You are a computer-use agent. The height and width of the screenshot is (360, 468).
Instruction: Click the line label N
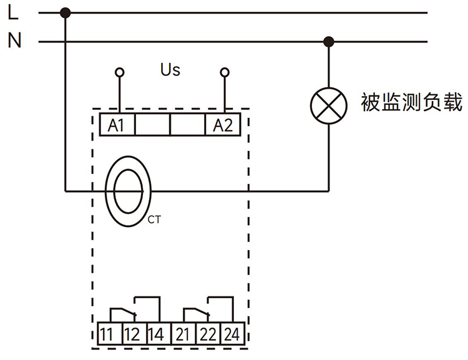coord(14,41)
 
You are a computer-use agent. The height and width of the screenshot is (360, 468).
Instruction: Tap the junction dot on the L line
coord(66,12)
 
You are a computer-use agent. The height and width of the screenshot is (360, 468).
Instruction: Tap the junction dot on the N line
coord(329,42)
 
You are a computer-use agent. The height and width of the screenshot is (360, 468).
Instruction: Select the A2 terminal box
coord(223,125)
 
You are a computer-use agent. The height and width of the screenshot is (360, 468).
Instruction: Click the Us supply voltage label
coord(170,70)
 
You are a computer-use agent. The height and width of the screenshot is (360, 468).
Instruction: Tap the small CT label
coord(155,219)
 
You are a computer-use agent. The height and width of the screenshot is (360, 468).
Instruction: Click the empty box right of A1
coord(152,125)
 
